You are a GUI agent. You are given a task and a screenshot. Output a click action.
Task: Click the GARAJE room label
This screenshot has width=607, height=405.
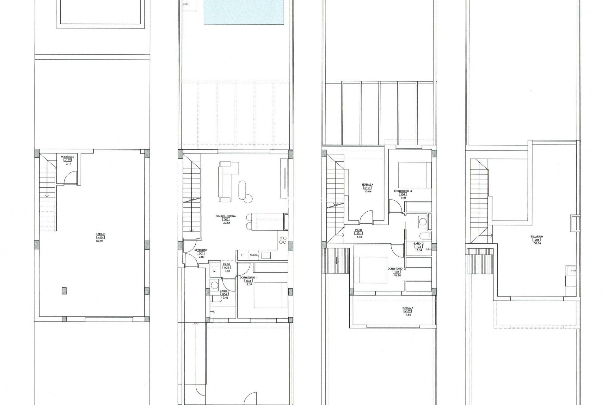(101, 234)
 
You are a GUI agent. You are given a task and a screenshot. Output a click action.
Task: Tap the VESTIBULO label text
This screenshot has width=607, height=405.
(68, 157)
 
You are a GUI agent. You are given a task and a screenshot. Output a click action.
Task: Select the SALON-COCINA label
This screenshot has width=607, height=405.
(226, 216)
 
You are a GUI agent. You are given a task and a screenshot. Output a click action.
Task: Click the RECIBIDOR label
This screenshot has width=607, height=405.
(201, 250)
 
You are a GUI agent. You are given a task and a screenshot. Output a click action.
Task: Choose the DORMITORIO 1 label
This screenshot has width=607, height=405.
(248, 277)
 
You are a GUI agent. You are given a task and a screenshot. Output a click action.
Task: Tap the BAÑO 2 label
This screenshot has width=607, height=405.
(419, 243)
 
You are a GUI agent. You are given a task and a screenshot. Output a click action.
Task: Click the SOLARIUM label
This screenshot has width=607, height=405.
(537, 236)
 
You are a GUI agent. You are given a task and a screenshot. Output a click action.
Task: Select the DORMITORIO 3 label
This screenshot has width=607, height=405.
(403, 191)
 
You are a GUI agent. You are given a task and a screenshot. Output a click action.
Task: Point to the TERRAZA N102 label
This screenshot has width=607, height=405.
(408, 308)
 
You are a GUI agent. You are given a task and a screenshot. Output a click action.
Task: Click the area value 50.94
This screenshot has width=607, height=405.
(100, 241)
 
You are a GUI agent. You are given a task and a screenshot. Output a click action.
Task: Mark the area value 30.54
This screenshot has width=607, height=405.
(226, 223)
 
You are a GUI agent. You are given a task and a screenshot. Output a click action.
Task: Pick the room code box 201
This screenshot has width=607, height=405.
(537, 240)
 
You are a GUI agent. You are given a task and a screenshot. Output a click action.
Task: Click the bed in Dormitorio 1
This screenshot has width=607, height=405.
(270, 295)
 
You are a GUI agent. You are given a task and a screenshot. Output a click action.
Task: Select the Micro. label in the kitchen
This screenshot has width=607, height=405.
(254, 255)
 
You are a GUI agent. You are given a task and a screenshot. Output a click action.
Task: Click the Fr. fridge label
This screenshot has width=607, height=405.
(243, 255)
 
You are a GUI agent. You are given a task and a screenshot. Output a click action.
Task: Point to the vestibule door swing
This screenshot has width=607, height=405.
(70, 178)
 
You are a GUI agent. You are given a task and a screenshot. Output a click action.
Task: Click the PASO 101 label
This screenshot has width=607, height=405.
(359, 230)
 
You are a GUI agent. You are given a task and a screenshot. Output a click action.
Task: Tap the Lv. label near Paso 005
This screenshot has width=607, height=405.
(214, 271)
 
